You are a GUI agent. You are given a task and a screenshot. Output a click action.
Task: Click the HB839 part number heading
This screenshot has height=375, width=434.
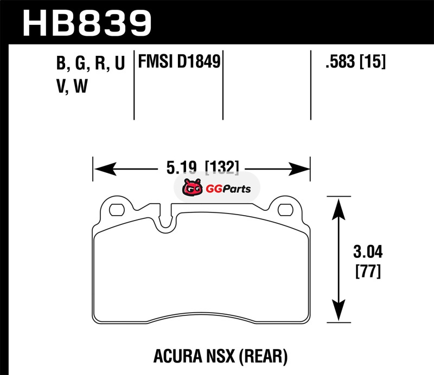pyautogui.click(x=87, y=23)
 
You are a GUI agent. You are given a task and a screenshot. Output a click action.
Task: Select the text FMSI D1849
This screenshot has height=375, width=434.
pyautogui.click(x=179, y=61)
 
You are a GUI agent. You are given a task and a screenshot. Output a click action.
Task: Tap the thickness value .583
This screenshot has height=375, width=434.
pyautogui.click(x=340, y=61)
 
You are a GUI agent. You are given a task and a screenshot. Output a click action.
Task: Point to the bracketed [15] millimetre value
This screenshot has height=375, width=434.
pyautogui.click(x=372, y=61)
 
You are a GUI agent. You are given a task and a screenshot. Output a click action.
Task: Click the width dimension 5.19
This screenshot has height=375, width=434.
pyautogui.click(x=181, y=167)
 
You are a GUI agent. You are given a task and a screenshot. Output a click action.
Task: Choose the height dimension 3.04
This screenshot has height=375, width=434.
pyautogui.click(x=368, y=252)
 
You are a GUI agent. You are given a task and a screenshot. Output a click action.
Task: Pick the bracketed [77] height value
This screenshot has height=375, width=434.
pyautogui.click(x=368, y=271)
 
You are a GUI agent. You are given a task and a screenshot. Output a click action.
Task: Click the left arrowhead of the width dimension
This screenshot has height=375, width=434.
pyautogui.click(x=105, y=169)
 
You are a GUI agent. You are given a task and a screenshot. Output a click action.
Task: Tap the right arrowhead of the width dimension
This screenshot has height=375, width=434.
pyautogui.click(x=299, y=169)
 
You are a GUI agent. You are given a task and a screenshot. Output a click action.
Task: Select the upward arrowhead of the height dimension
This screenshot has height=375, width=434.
pyautogui.click(x=339, y=209)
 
